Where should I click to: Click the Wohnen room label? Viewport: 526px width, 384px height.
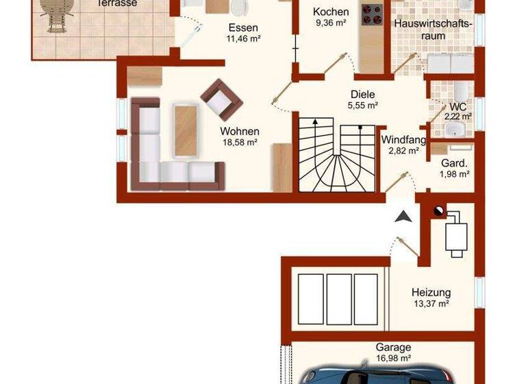tap(239, 131)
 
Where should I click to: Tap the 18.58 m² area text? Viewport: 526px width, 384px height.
tap(239, 142)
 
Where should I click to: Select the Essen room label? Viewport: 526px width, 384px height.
tap(243, 28)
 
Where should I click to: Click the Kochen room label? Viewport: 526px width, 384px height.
tap(331, 12)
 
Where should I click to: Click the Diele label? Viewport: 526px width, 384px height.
tap(363, 95)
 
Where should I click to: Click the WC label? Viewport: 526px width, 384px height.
tap(458, 107)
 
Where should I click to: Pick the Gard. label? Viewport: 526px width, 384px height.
tap(454, 163)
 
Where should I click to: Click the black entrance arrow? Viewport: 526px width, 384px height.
tap(403, 216)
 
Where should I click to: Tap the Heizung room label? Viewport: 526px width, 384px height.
tap(431, 292)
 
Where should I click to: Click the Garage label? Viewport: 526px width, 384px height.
tap(393, 348)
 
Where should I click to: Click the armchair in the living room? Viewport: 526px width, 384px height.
tap(221, 99)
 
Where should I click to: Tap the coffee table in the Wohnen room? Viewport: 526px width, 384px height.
tap(185, 130)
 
